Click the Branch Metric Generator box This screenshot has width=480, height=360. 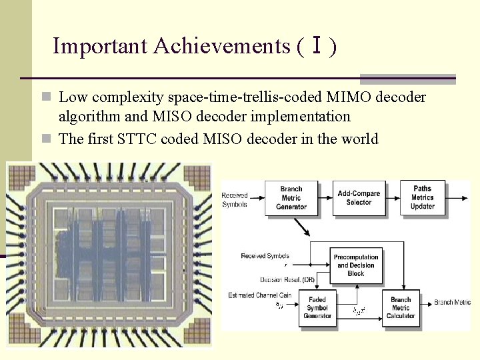[291, 198]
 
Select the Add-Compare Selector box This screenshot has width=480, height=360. [359, 198]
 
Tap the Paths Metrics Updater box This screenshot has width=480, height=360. [423, 198]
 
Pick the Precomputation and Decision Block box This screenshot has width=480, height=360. [356, 265]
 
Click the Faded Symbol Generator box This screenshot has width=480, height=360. [317, 307]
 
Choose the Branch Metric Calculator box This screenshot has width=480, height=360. [401, 307]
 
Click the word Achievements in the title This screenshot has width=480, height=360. [221, 46]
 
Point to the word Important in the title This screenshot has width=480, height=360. [100, 46]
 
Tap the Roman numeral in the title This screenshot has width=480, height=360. [317, 46]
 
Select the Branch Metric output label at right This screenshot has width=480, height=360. [453, 303]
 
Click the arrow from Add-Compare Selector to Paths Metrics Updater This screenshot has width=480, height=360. [392, 197]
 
